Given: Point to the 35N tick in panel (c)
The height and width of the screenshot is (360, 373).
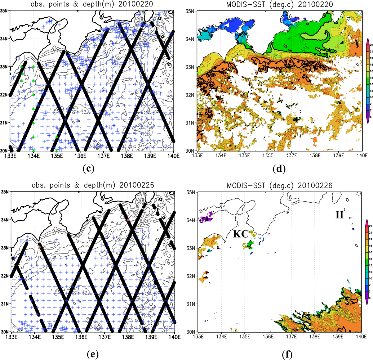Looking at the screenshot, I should coord(4,10).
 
